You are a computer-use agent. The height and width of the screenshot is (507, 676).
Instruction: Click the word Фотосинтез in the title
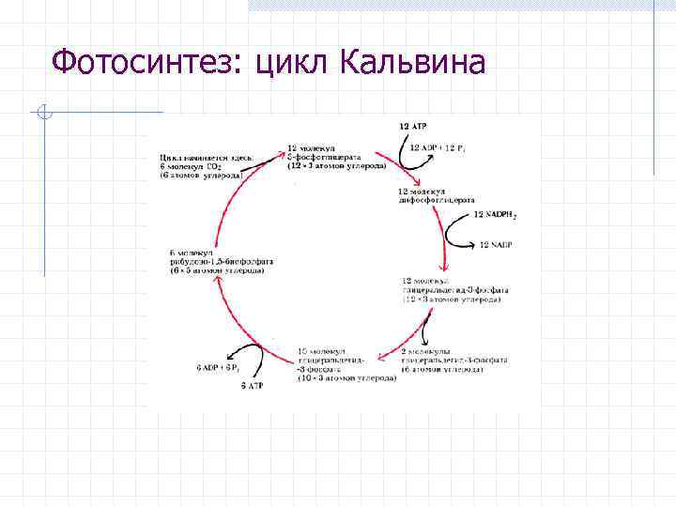click(141, 63)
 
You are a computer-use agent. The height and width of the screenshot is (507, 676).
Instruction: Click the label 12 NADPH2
click(495, 215)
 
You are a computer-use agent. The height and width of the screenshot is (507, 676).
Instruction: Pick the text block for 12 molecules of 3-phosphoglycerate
click(334, 158)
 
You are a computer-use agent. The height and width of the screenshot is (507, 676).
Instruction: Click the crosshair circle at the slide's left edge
click(42, 114)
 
